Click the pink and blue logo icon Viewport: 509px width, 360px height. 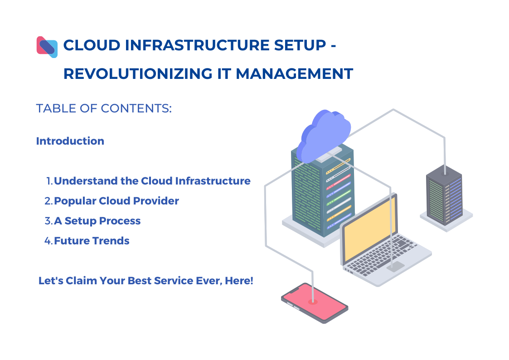point(47,47)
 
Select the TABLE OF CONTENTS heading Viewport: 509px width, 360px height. point(104,109)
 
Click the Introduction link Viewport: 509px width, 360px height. point(70,141)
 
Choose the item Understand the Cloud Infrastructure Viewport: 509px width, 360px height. point(152,181)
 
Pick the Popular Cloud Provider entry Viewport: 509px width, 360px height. point(116,201)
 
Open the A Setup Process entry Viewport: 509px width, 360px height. point(97,221)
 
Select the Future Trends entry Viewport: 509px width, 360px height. point(92,241)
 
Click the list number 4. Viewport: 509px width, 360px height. point(48,241)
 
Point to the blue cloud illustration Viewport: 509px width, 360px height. point(324,134)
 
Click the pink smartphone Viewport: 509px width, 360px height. point(314,302)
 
